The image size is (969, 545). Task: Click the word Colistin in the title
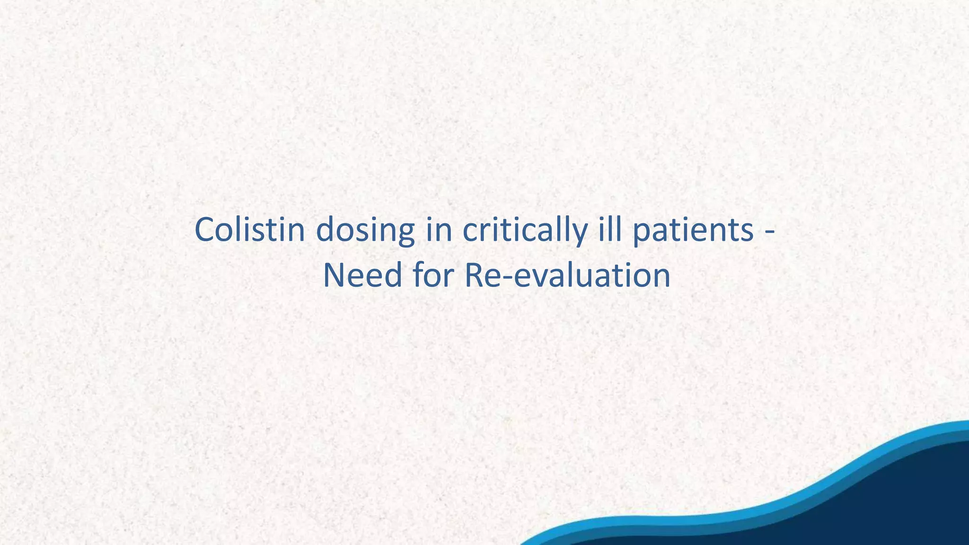[x=249, y=230]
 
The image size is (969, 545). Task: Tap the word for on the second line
[x=433, y=275]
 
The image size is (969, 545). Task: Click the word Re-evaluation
[x=567, y=275]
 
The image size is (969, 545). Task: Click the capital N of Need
[x=335, y=275]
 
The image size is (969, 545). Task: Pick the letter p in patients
[x=642, y=235]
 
